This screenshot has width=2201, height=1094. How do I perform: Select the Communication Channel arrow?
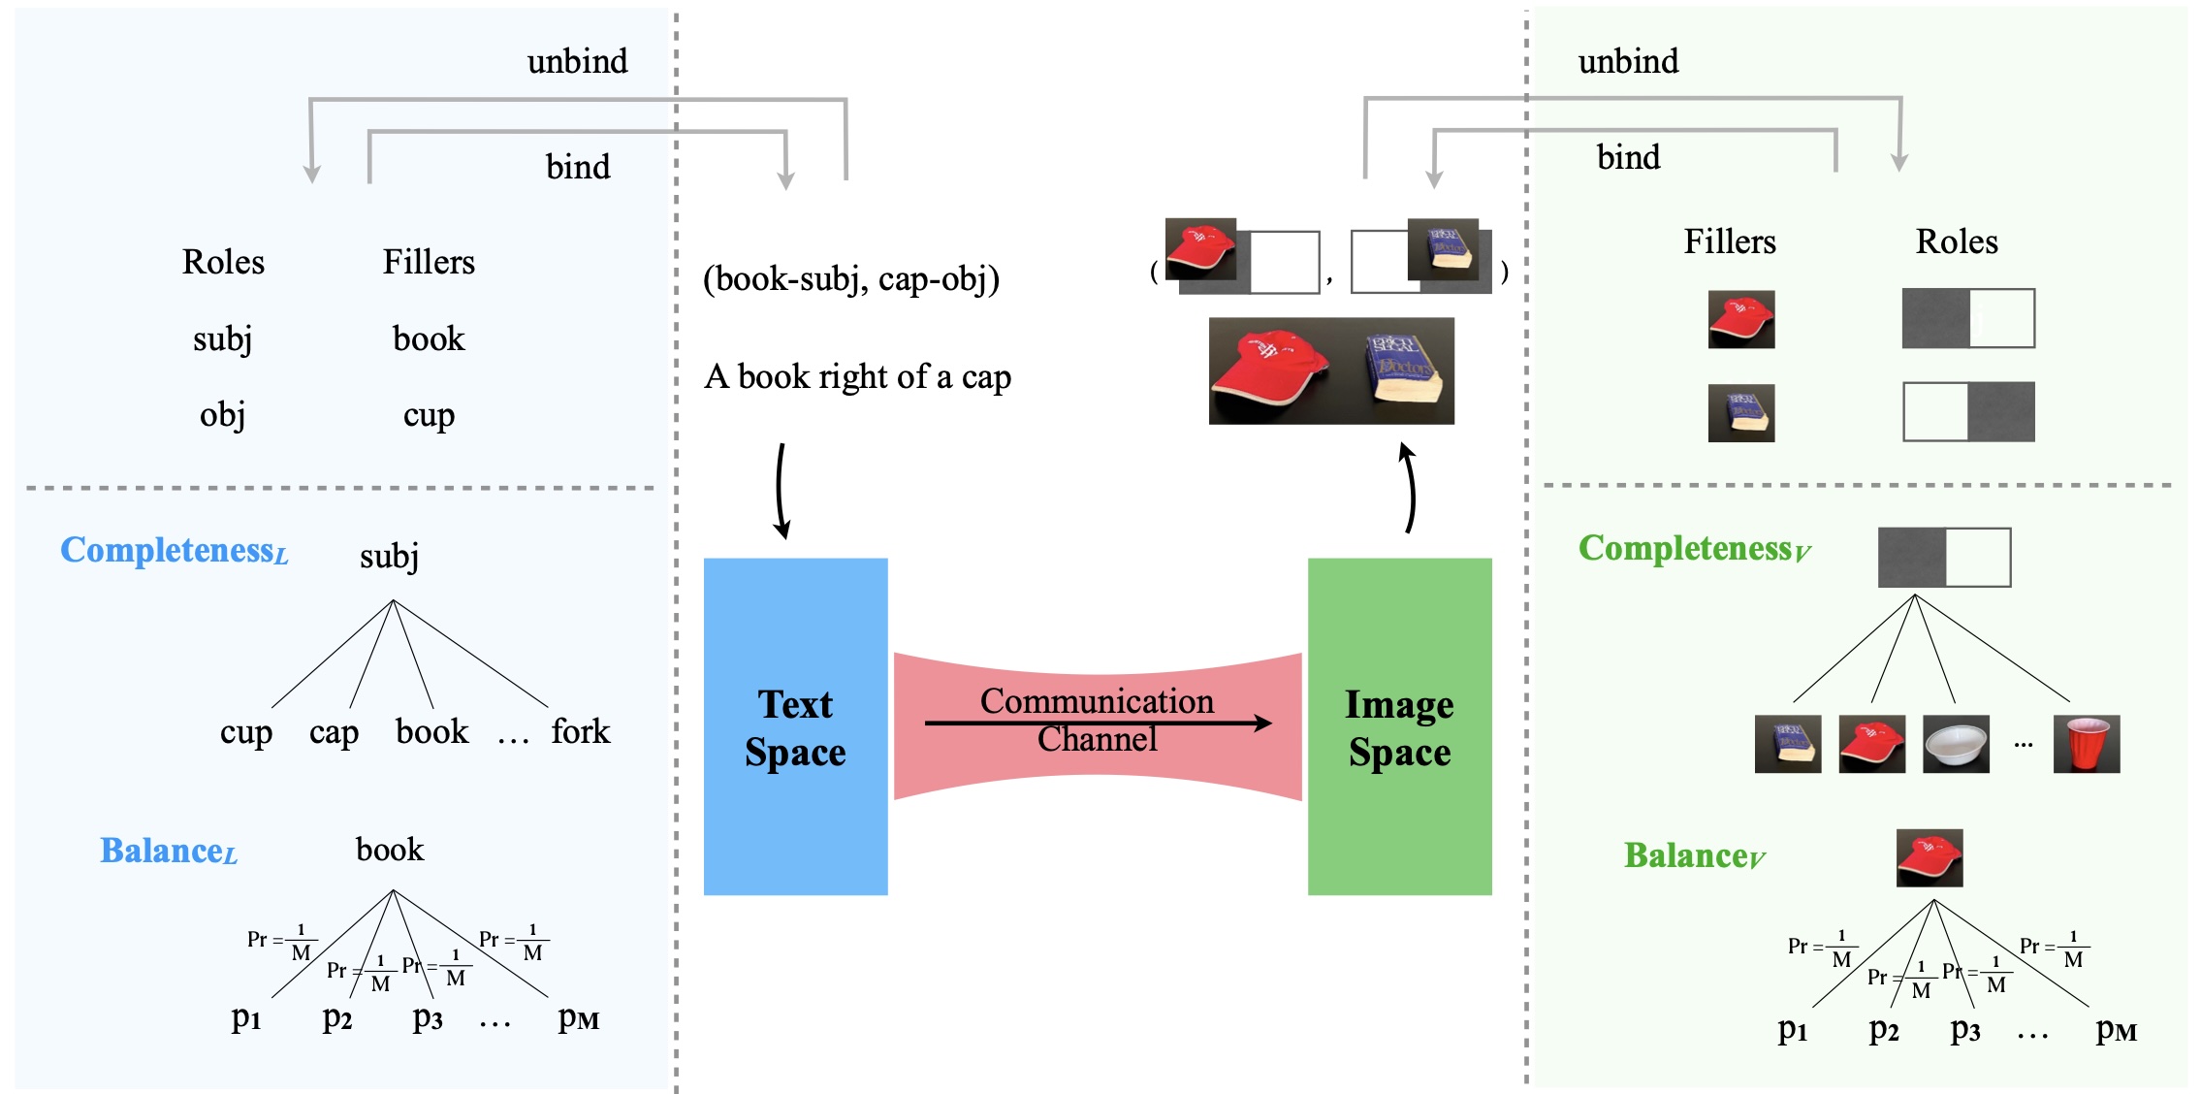[x=1098, y=723]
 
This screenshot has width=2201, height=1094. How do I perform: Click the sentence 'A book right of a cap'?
[x=857, y=376]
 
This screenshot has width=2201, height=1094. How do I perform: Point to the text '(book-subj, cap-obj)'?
[x=850, y=279]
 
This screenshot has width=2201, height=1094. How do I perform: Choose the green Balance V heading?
[x=1694, y=855]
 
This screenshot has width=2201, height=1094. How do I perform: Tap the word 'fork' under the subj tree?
[x=580, y=731]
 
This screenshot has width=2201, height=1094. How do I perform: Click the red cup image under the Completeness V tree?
[x=2087, y=744]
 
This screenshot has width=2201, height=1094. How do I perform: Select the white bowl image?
[x=1956, y=744]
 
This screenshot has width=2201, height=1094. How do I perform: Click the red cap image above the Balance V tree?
[x=1930, y=857]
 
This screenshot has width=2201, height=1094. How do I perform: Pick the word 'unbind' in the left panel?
[x=577, y=61]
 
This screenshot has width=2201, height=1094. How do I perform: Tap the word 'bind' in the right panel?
[x=1628, y=157]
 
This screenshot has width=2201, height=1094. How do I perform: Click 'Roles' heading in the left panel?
[x=223, y=262]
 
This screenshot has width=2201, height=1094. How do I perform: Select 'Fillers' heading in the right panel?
[x=1730, y=241]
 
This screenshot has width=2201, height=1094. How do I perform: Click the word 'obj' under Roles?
[x=222, y=415]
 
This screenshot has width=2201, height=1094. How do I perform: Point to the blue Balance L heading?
[x=169, y=851]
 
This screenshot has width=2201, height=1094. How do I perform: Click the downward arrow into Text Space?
[x=781, y=490]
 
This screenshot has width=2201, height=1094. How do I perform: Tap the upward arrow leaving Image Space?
[x=1409, y=488]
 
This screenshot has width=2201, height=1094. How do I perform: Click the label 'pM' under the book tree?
[x=578, y=1018]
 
